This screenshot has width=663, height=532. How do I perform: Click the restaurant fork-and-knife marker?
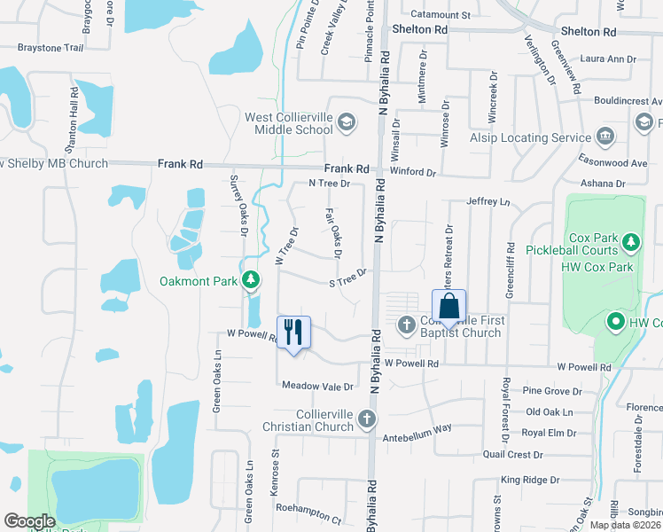tap(293, 332)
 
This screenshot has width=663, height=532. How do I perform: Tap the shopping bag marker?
tap(449, 306)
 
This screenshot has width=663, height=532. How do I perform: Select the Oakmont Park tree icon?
tap(252, 281)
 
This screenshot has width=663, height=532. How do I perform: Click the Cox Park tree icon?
tap(630, 241)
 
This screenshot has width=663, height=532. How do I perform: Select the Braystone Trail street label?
tap(51, 47)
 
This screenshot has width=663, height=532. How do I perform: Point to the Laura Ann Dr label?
tap(609, 59)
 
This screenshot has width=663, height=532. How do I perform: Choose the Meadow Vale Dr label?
tap(317, 387)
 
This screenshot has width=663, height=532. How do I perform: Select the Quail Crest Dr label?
tap(513, 455)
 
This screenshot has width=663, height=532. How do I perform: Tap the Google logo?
tap(29, 521)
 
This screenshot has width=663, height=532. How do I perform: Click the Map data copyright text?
tap(624, 525)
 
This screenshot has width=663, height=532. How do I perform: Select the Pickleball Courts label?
tap(581, 252)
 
